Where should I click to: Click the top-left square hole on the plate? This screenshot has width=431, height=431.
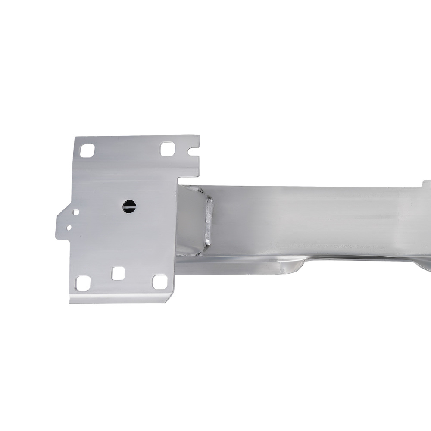tap(87, 150)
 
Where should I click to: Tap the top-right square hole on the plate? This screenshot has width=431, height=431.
tap(167, 149)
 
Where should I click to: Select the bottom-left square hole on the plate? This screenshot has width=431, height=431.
tap(82, 283)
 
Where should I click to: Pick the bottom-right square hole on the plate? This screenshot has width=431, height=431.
tap(160, 282)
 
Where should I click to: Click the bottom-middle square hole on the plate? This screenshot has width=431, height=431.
tap(118, 273)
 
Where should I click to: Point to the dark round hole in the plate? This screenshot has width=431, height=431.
tap(129, 206)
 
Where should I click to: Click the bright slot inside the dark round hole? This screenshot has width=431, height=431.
tap(129, 206)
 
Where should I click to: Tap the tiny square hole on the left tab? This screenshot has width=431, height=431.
tap(76, 212)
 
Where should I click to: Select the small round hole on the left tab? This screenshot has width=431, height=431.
tap(68, 226)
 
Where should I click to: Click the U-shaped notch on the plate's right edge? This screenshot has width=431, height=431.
tap(194, 152)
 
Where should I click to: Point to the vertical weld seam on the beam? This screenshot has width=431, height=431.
tap(209, 222)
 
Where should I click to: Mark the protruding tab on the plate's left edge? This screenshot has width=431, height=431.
tap(65, 222)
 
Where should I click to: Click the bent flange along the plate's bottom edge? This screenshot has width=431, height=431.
tap(121, 298)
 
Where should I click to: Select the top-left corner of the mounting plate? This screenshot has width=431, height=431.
tap(76, 139)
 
